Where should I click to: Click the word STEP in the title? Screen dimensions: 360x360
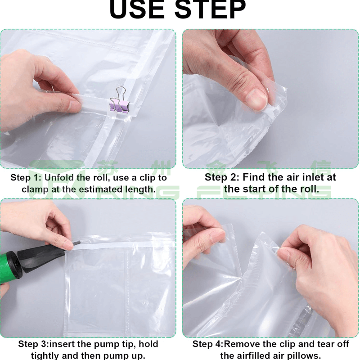(211, 10)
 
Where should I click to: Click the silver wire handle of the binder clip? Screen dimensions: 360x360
(121, 94)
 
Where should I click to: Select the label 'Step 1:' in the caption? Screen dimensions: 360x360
(26, 178)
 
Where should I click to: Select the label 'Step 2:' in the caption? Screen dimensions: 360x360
(222, 177)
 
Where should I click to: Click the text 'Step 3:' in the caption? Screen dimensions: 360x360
(33, 344)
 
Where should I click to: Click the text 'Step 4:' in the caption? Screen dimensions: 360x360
(208, 344)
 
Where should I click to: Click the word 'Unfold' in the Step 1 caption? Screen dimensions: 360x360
(60, 178)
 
